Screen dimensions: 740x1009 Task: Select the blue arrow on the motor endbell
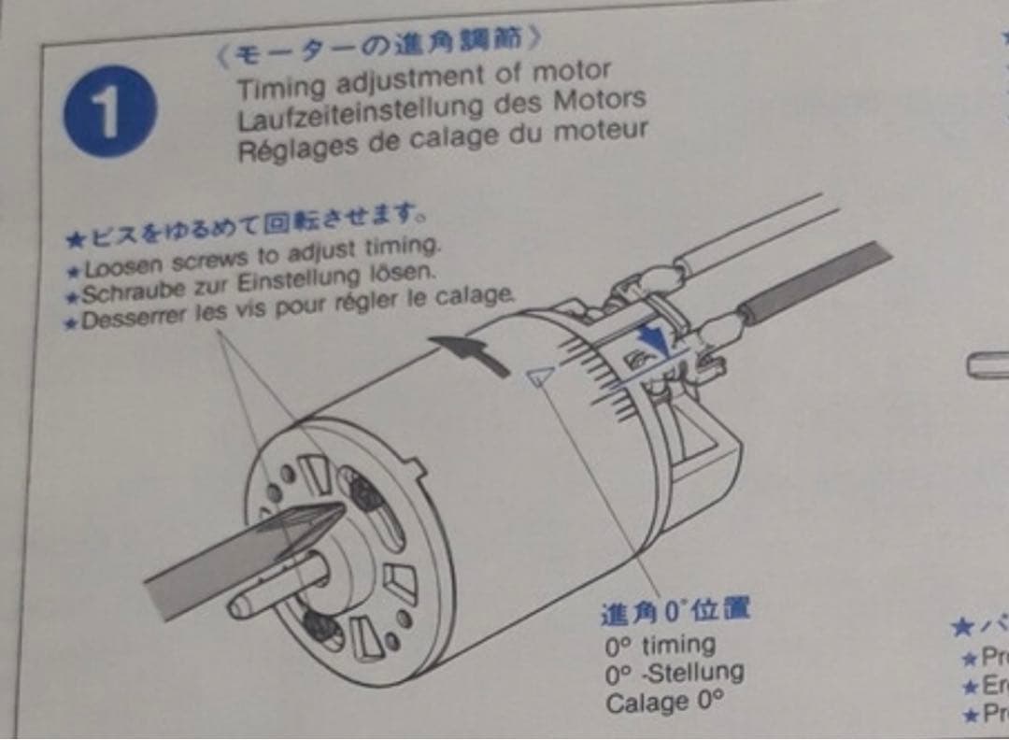pos(658,337)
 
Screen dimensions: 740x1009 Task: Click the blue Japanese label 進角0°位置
pos(675,612)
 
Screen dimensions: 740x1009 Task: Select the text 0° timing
pos(660,644)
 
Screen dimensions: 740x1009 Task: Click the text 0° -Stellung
pos(674,672)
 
